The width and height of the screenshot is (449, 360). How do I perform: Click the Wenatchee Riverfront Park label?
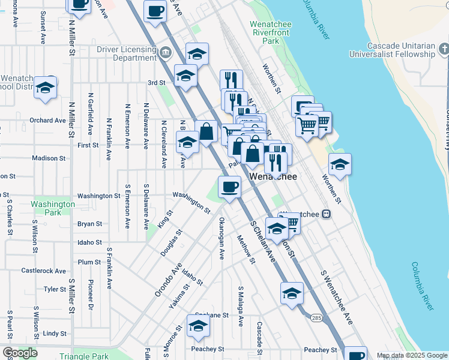coord(271,32)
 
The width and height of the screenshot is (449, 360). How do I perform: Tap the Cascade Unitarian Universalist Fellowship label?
coord(400,50)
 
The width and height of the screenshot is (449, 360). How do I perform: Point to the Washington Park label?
coord(53,208)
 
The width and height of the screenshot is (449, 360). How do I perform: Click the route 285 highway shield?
coord(316,317)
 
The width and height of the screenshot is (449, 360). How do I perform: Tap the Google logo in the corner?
coord(19,353)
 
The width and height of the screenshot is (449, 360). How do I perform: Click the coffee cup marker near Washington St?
coord(229,187)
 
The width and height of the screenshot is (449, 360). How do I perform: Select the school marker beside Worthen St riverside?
coord(340,165)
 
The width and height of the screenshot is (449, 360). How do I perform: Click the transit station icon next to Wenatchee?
coord(326,214)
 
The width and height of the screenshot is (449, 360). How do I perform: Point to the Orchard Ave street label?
coord(47,120)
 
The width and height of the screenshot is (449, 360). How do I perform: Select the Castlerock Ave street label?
coord(43,271)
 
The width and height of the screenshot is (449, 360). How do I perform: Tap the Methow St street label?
coord(246,248)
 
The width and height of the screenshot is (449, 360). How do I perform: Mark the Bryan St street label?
coord(89,224)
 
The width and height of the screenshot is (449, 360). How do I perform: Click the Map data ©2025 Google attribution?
coord(411,355)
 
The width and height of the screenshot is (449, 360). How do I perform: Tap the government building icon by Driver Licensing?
coord(165,53)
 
